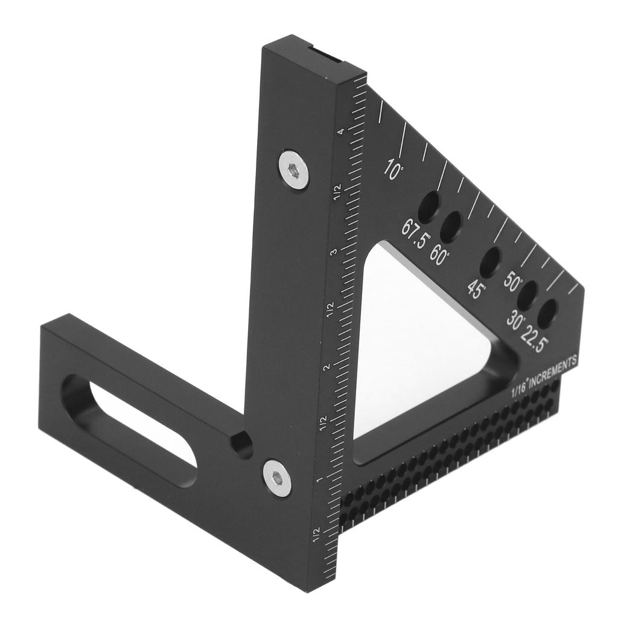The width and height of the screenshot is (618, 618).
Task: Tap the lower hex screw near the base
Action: [276, 477]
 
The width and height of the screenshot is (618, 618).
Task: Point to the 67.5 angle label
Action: [415, 235]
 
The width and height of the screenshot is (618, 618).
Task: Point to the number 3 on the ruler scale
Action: [333, 251]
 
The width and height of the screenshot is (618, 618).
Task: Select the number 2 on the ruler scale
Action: [327, 368]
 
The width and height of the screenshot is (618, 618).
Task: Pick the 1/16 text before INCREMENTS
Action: [518, 387]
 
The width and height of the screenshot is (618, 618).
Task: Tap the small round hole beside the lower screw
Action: [243, 445]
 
